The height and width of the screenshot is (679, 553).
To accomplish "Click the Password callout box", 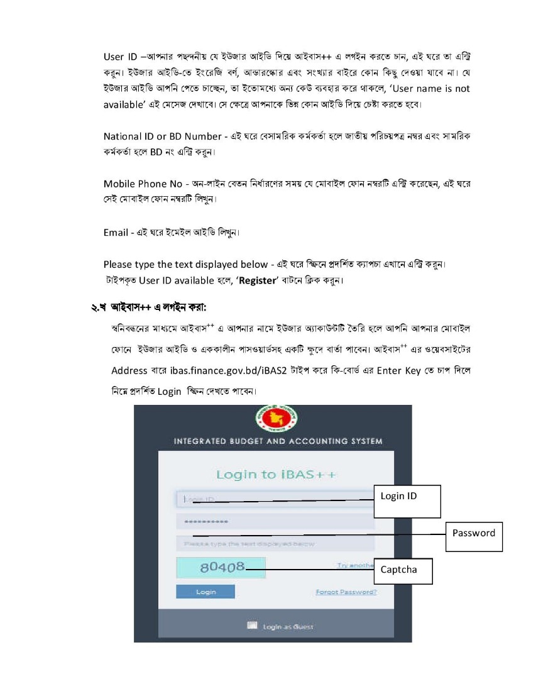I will (474, 536).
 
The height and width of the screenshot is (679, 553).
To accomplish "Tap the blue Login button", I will (205, 592).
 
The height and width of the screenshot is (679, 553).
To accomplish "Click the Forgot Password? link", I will (346, 592).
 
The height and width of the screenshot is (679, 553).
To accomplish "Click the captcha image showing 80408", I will (221, 568).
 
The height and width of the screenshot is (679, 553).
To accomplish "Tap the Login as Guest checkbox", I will (253, 626).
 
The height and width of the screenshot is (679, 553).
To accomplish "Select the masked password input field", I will (275, 522).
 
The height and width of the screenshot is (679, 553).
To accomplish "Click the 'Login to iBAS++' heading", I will (276, 474).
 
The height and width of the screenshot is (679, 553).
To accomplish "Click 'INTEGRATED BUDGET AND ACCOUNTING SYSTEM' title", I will (278, 441).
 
